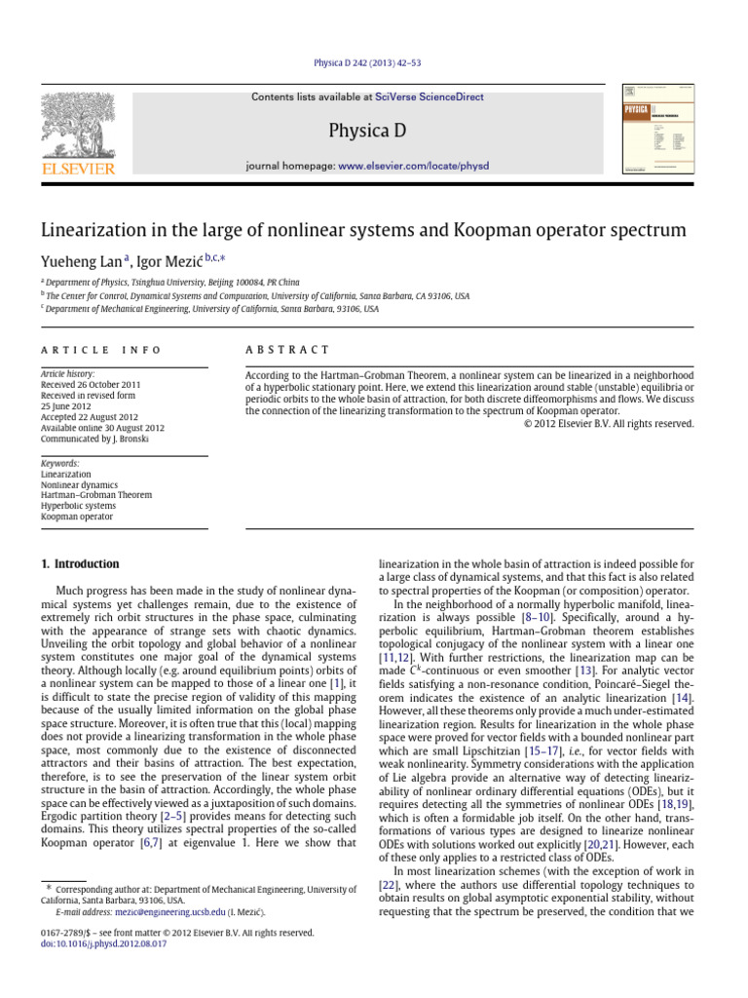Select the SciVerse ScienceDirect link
423,97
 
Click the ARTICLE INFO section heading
100,350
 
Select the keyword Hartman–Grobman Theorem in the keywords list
95,495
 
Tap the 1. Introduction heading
80,564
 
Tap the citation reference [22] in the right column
389,884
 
